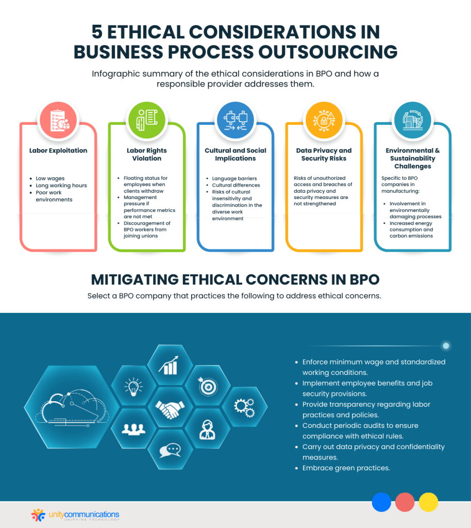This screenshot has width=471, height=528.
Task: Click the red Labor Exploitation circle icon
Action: [58, 121]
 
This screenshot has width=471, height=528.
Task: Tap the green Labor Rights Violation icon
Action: [146, 121]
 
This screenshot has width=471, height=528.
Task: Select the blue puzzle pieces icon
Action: [235, 121]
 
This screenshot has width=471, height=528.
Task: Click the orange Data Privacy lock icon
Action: [324, 121]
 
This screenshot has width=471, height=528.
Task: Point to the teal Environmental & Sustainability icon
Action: [413, 121]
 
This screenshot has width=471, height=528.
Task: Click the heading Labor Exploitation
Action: [58, 151]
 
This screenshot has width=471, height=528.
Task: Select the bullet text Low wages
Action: [50, 178]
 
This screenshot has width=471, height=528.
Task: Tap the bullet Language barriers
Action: [234, 178]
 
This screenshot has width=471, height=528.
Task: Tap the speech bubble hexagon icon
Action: [170, 451]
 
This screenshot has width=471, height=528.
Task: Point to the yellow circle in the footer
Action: [428, 502]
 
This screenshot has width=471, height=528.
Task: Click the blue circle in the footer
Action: [381, 502]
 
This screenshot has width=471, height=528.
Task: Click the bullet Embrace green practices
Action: [346, 468]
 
